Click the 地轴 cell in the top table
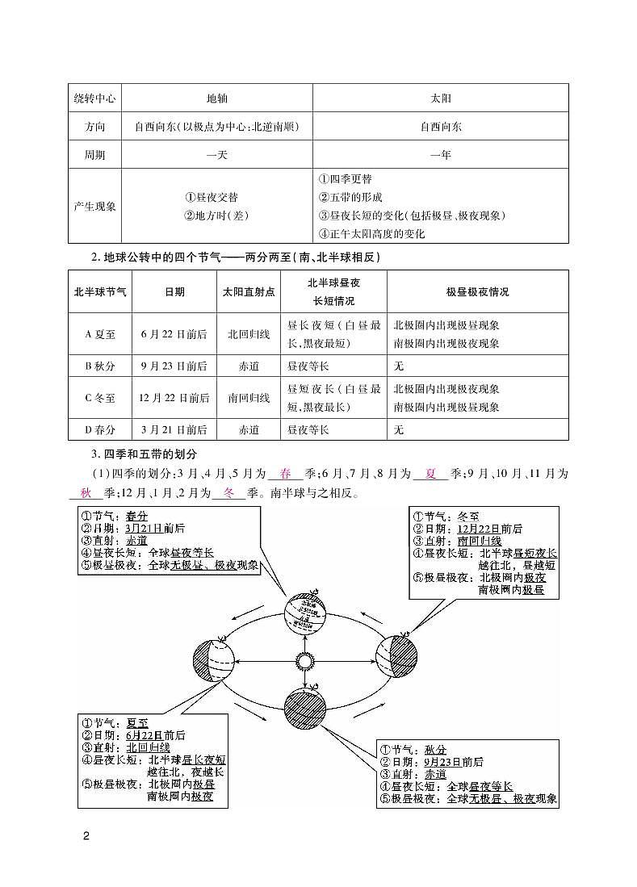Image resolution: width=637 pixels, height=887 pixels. [217, 98]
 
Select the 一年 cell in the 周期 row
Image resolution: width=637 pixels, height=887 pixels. [440, 154]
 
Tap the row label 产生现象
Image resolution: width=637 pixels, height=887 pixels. [95, 206]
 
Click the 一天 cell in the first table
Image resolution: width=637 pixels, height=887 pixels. [217, 154]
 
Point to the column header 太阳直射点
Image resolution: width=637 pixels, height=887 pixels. [249, 292]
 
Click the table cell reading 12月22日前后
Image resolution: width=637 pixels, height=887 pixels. [174, 398]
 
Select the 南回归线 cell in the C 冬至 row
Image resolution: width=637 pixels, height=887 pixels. [249, 398]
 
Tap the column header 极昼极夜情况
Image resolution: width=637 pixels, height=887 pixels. [477, 292]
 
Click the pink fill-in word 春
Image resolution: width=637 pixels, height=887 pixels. [285, 474]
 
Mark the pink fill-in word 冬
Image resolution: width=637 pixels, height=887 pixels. [228, 492]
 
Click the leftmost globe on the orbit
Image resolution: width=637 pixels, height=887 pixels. [213, 660]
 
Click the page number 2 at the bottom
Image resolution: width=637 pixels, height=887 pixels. [86, 835]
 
